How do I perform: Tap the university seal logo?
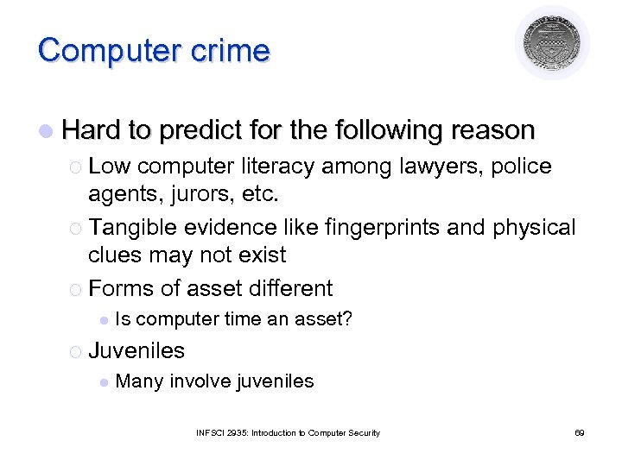pyautogui.click(x=553, y=44)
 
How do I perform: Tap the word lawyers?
pyautogui.click(x=435, y=166)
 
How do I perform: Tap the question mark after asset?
pyautogui.click(x=347, y=319)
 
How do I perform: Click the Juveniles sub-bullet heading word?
pyautogui.click(x=136, y=350)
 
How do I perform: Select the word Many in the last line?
pyautogui.click(x=139, y=381)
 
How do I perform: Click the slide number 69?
pyautogui.click(x=579, y=433)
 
